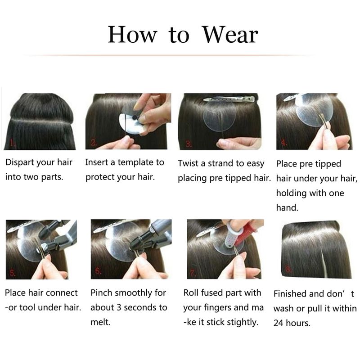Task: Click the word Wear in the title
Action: click(230, 35)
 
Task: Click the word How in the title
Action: click(132, 35)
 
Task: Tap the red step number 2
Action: click(94, 143)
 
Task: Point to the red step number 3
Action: click(189, 144)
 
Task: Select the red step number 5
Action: click(13, 273)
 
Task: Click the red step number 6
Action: click(98, 271)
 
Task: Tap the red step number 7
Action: click(193, 273)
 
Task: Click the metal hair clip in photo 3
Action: click(229, 99)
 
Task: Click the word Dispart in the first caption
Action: click(20, 162)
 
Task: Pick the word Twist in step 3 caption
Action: click(188, 163)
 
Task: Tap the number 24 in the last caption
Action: click(278, 323)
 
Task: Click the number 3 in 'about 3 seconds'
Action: click(119, 307)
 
